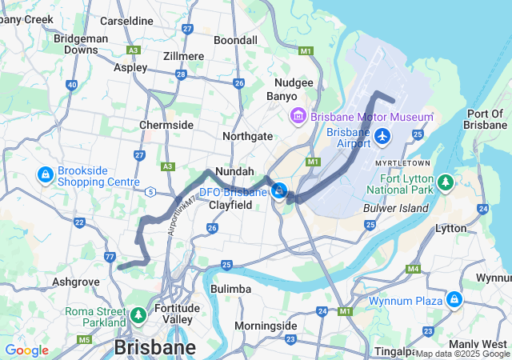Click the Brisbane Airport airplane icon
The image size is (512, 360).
point(382,138)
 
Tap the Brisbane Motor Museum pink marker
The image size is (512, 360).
point(298,117)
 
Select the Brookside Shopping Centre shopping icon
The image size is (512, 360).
point(46,174)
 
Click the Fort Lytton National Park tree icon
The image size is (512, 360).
point(446,185)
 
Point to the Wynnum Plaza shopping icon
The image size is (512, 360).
point(454,300)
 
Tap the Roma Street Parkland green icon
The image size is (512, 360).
point(139,315)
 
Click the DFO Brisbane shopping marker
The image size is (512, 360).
point(279,191)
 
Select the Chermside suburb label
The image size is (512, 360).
point(166,126)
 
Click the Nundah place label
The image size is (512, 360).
point(234,171)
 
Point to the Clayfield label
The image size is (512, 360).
point(230,206)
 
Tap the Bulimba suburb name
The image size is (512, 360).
point(230,288)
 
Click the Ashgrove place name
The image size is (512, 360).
point(76,282)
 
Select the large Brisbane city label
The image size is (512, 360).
point(154,348)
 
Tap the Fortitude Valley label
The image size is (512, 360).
point(178,314)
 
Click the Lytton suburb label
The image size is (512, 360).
point(450,229)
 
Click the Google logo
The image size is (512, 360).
point(26,350)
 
